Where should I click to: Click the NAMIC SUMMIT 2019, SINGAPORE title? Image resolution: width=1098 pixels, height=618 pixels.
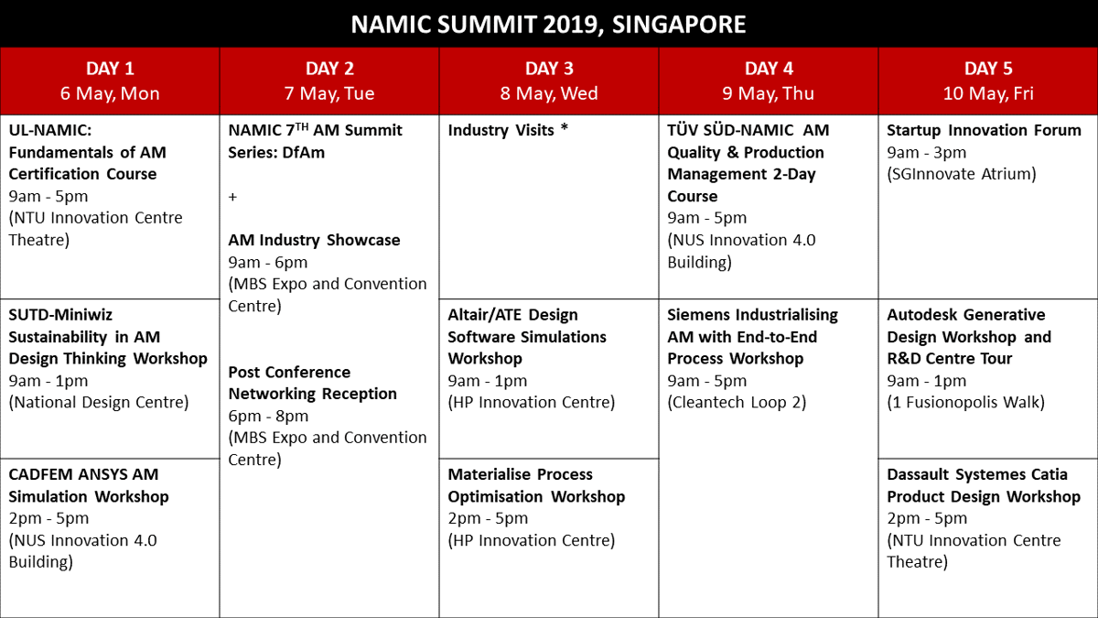548,24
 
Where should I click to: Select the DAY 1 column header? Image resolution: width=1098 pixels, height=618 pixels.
110,68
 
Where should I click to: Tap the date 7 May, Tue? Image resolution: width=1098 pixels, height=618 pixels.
329,93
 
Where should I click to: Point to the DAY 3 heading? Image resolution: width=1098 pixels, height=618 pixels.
549,68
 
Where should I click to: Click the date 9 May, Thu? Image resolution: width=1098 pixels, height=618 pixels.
768,93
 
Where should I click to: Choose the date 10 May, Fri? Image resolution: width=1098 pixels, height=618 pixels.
988,93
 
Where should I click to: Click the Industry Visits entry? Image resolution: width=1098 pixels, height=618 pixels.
501,130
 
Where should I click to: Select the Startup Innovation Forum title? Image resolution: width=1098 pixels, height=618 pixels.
984,130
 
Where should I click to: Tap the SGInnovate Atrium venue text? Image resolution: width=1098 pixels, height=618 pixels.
962,174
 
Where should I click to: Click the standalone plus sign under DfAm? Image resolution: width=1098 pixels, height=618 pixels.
232,197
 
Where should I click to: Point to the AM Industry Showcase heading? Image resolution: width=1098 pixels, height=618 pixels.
314,240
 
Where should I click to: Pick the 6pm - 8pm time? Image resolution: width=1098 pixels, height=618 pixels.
268,416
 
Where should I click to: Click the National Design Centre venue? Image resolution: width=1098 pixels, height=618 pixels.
99,402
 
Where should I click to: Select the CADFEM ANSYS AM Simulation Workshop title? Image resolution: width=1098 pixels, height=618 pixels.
89,485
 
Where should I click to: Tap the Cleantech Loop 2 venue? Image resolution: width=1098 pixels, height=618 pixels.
737,402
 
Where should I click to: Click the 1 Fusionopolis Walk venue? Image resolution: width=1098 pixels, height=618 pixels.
965,402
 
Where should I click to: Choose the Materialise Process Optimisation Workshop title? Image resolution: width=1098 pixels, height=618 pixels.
536,485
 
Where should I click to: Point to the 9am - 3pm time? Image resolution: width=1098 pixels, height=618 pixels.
926,153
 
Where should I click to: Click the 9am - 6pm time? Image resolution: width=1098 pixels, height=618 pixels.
268,263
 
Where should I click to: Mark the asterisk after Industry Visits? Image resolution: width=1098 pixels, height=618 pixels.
565,127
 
